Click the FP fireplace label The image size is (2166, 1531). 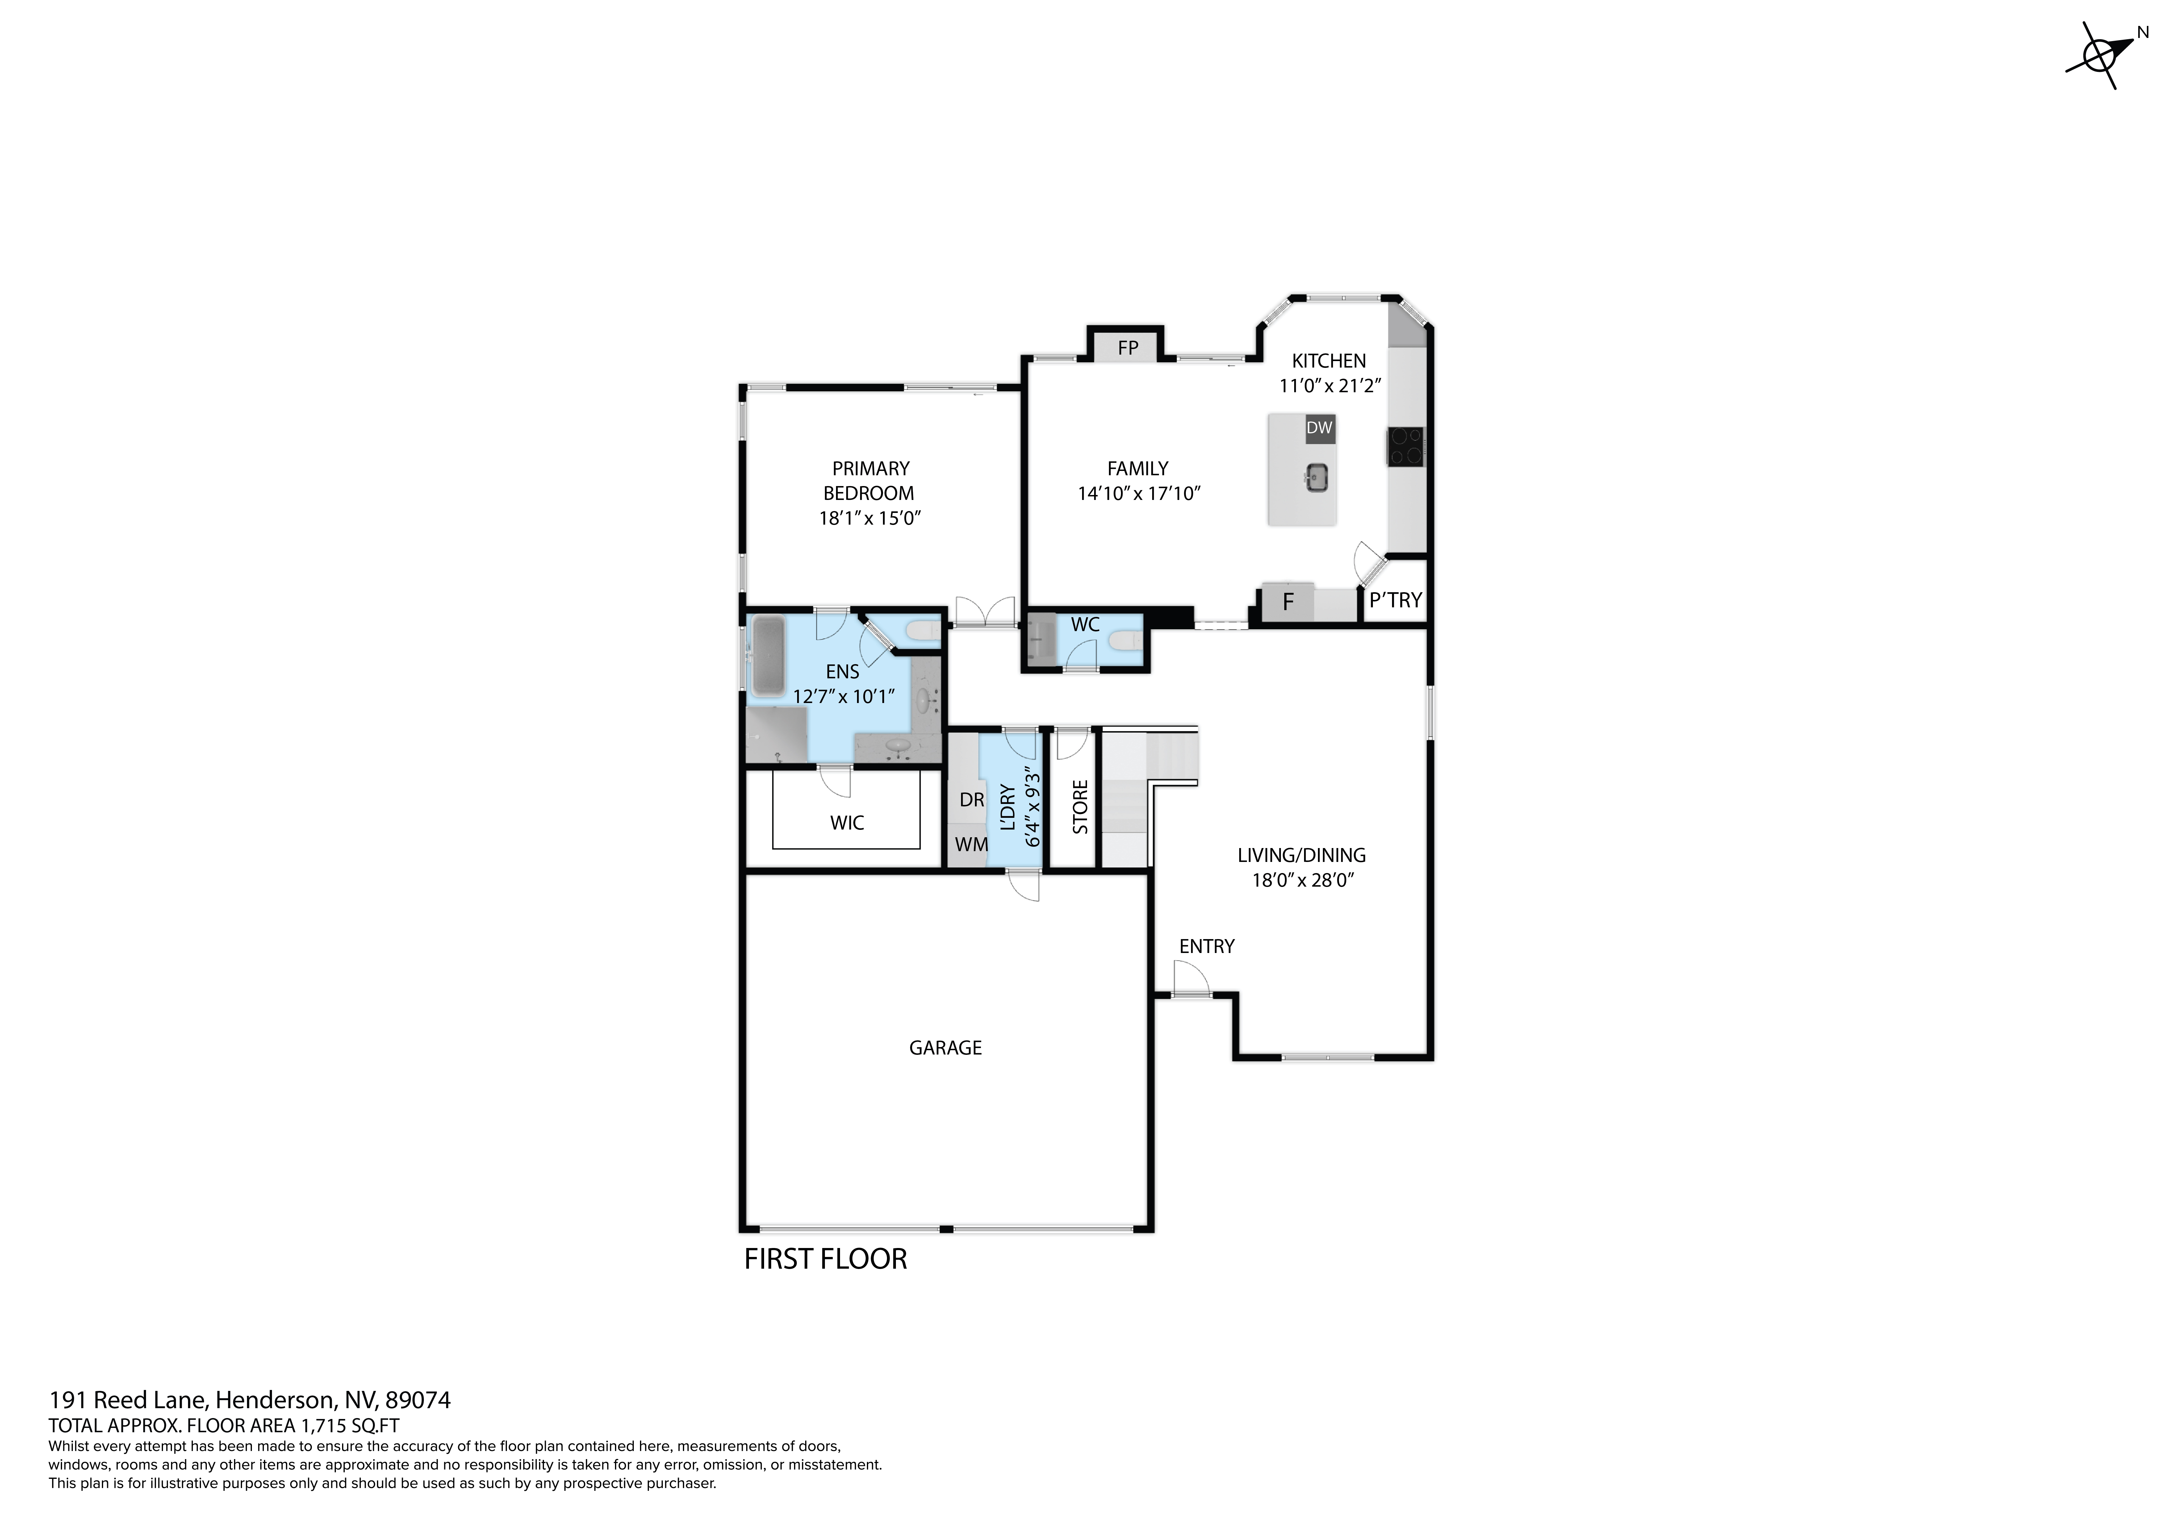1127,348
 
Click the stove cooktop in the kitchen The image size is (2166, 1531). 1405,446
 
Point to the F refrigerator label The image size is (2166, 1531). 1288,602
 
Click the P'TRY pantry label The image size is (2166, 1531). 1395,600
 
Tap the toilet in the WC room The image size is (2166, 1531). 1126,642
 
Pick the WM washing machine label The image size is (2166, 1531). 971,844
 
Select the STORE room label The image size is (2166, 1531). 1080,806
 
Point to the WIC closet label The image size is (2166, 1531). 846,822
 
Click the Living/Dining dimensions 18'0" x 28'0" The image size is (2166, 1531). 1302,880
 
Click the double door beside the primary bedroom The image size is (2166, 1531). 984,613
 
